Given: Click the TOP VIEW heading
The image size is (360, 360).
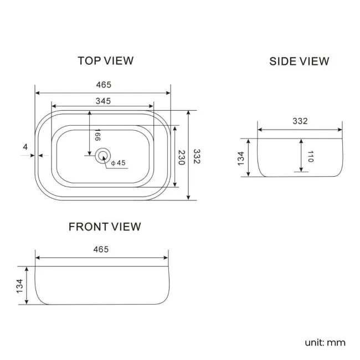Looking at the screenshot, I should tap(105, 60).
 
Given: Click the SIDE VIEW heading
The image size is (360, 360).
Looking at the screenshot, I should tap(299, 61).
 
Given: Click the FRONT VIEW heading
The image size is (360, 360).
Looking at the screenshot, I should tap(105, 227).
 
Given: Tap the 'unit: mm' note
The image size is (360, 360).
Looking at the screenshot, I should tap(325, 342).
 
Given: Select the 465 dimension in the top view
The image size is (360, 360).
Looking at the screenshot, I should tap(104, 85).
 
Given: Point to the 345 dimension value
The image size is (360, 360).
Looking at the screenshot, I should tap(103, 101).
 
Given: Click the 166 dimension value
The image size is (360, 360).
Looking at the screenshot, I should tap(97, 136).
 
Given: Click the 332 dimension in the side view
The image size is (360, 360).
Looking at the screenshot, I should tap(299, 121).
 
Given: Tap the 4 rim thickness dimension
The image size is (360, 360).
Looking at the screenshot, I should tap(25, 147).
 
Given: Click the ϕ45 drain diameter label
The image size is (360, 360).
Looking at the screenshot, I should tap(119, 163).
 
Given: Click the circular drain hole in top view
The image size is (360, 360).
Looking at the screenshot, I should tap(102, 156).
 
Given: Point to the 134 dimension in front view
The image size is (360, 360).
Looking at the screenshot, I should tap(20, 285).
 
